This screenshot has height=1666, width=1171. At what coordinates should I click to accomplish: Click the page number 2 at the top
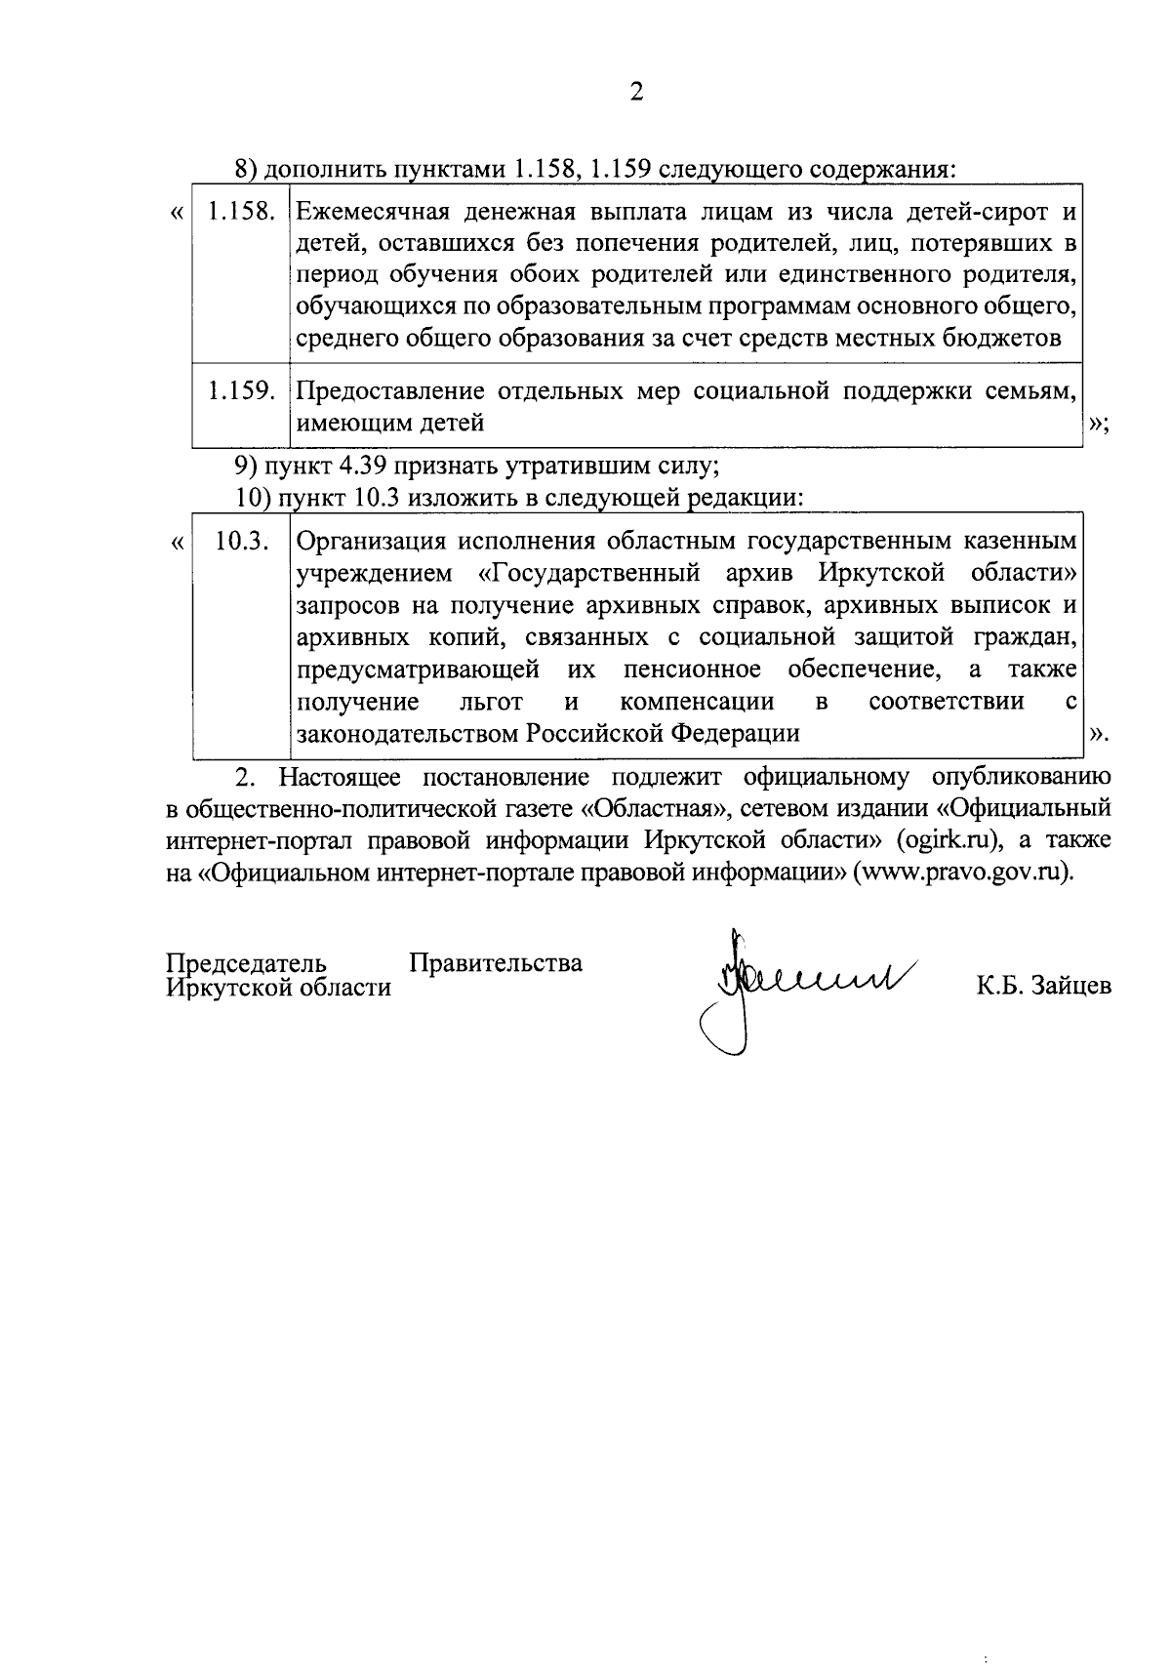click(x=637, y=93)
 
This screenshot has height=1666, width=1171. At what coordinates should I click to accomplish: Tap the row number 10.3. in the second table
click(x=241, y=541)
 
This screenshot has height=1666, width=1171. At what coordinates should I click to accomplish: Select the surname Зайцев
click(x=1069, y=987)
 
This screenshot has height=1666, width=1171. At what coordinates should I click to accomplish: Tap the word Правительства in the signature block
click(x=496, y=964)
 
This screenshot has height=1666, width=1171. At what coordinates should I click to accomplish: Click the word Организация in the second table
click(x=371, y=541)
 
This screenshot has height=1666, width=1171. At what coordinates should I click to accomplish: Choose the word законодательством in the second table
click(x=408, y=734)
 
